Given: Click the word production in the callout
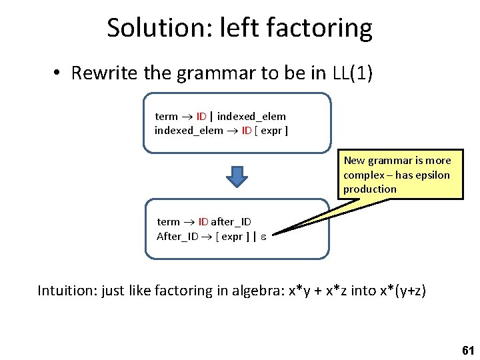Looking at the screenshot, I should (370, 189).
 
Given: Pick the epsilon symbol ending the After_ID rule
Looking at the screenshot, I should (263, 237).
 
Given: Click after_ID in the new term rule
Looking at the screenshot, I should (231, 222).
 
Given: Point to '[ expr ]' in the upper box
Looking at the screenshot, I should (271, 131).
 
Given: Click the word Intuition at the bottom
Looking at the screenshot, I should (65, 291).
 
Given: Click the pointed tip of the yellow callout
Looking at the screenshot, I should (274, 233).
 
